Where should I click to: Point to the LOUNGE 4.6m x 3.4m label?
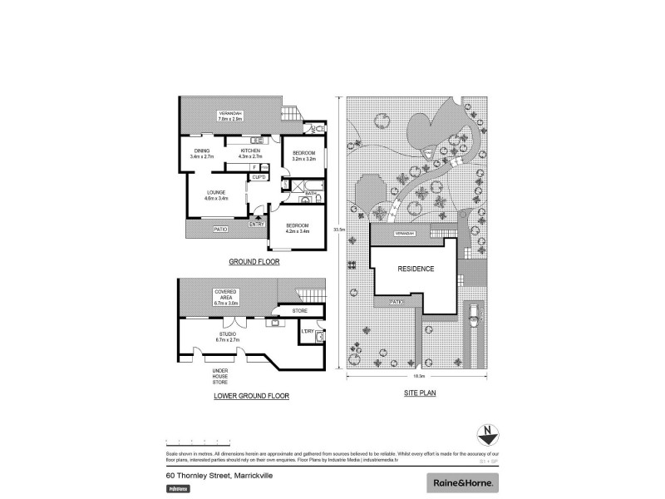point(216,196)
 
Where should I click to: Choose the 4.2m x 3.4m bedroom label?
point(298,228)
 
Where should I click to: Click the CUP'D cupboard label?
point(259,177)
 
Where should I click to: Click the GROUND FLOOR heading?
point(254,262)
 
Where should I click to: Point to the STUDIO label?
point(227,336)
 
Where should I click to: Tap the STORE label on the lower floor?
point(301,310)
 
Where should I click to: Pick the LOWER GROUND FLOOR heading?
point(251,396)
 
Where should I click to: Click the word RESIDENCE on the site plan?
point(415,269)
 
